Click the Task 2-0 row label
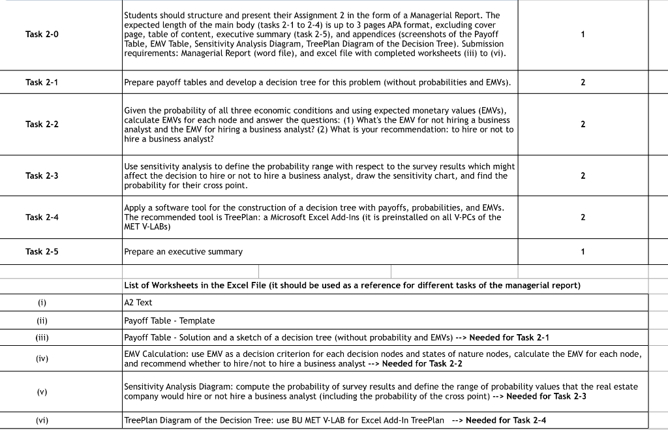pyautogui.click(x=42, y=34)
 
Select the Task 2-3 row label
pyautogui.click(x=42, y=176)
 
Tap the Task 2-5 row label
pyautogui.click(x=42, y=251)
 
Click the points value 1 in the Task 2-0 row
pyautogui.click(x=583, y=34)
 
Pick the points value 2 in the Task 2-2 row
pyautogui.click(x=583, y=124)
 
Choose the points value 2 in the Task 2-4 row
pyautogui.click(x=583, y=217)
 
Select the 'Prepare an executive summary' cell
pyautogui.click(x=183, y=252)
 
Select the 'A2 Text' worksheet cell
pyautogui.click(x=138, y=303)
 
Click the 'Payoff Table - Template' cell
pyautogui.click(x=169, y=321)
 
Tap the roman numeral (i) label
pyautogui.click(x=42, y=303)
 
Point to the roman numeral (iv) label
pyautogui.click(x=42, y=358)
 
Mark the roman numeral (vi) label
pyautogui.click(x=42, y=420)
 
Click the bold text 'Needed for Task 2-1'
pyautogui.click(x=509, y=338)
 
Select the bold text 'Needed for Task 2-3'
pyautogui.click(x=546, y=396)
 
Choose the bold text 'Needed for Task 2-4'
pyautogui.click(x=506, y=420)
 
